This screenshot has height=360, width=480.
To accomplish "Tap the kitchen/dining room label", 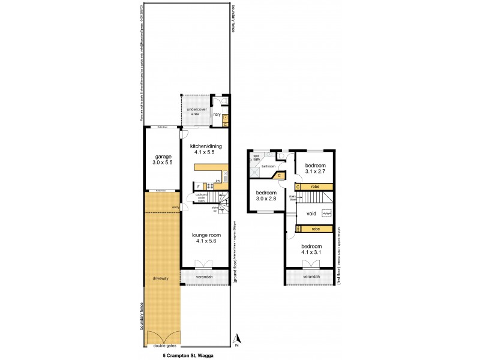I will [x=206, y=146].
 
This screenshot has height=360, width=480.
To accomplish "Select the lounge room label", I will [x=206, y=235].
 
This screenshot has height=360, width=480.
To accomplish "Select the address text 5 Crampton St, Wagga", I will [x=188, y=355].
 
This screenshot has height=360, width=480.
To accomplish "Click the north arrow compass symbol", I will [x=237, y=340].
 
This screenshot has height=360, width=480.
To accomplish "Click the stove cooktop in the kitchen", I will [x=210, y=186].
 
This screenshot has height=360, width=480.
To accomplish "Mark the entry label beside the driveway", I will [x=175, y=208].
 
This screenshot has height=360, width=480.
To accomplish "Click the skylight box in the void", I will [x=326, y=214].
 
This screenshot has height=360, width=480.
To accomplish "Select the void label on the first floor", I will [x=311, y=214].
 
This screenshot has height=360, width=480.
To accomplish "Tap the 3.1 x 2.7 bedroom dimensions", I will [x=315, y=172].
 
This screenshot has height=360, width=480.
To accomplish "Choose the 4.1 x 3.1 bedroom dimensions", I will [x=311, y=253].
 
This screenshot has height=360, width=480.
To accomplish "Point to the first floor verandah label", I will [x=310, y=277].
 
